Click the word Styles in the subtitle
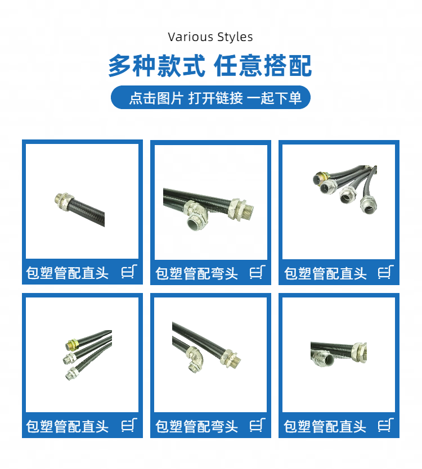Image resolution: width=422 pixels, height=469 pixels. pyautogui.click(x=235, y=37)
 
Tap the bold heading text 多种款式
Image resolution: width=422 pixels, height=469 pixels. pyautogui.click(x=157, y=66)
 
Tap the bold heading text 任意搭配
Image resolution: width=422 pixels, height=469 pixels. pyautogui.click(x=263, y=66)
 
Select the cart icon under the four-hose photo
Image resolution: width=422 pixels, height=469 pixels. pyautogui.click(x=386, y=272)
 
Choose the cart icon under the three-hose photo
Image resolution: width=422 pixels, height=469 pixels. pyautogui.click(x=129, y=425)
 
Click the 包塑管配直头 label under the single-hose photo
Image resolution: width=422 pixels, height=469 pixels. pyautogui.click(x=68, y=273)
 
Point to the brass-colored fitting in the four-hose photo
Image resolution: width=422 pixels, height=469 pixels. pyautogui.click(x=321, y=177)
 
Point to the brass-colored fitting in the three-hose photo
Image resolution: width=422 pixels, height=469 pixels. pyautogui.click(x=71, y=344)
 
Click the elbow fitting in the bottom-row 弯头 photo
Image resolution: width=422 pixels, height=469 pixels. pyautogui.click(x=195, y=358)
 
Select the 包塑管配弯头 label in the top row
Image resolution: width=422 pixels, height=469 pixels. pyautogui.click(x=196, y=273)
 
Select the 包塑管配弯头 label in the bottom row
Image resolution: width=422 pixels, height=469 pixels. pyautogui.click(x=196, y=426)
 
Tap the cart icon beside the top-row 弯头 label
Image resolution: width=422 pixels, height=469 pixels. pyautogui.click(x=258, y=272)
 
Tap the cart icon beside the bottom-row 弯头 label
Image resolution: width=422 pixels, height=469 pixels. pyautogui.click(x=258, y=425)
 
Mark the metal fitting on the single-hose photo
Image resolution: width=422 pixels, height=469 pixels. pyautogui.click(x=64, y=201)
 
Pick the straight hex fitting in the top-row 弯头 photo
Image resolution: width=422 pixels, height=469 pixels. pyautogui.click(x=240, y=209)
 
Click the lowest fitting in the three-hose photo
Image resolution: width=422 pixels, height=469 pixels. pyautogui.click(x=71, y=374)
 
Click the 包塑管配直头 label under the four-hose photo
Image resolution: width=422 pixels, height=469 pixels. pyautogui.click(x=325, y=273)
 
